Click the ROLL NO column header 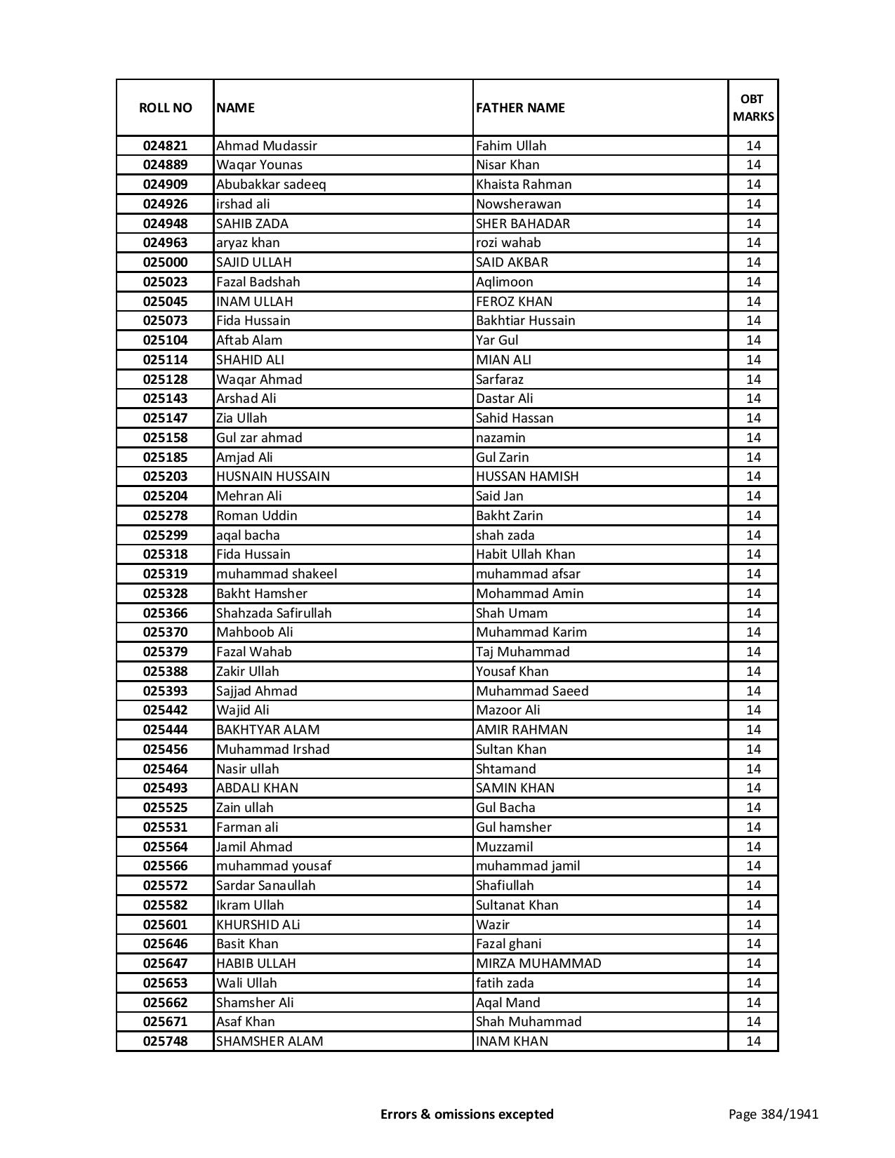coord(165,107)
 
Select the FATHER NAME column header coord(520,107)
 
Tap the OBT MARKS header coord(753,107)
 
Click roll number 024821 coord(165,146)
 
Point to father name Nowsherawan coord(518,204)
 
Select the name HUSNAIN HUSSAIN coord(272,477)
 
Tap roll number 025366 coord(165,613)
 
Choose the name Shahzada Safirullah coord(274,613)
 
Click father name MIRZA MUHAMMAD coord(538,964)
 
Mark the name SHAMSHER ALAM coord(270,1041)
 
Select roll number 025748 coord(165,1041)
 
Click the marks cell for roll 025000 coord(753,262)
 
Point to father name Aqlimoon coord(504,282)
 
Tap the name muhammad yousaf coord(274,866)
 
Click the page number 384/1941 coord(773,1114)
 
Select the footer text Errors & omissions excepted coord(467,1114)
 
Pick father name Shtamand coord(505,768)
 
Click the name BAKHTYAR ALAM coord(267,730)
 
